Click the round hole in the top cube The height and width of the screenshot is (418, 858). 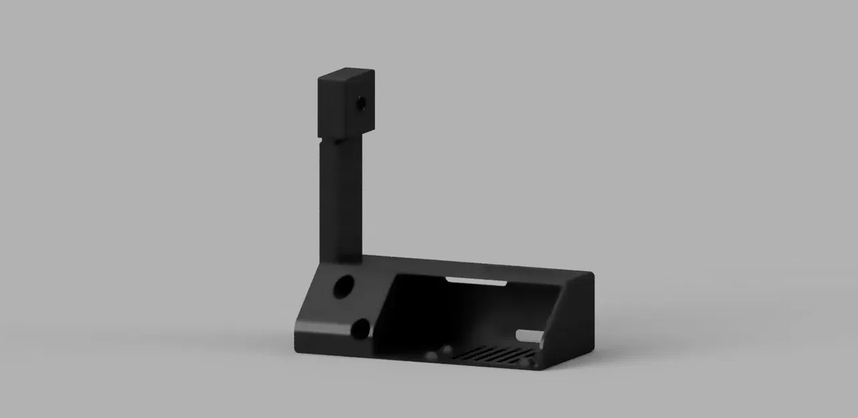[x=361, y=104]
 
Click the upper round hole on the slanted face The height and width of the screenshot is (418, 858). [x=343, y=286]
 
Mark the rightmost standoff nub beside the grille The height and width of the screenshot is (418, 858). [x=531, y=362]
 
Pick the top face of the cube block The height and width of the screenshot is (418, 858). [x=346, y=72]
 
